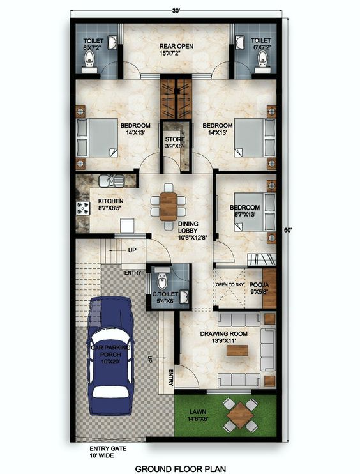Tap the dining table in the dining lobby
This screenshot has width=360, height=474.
169,206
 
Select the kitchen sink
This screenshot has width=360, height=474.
109,181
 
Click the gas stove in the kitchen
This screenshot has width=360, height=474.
83,208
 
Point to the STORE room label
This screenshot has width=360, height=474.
175,139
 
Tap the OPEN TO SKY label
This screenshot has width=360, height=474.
230,284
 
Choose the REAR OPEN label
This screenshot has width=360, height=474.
176,47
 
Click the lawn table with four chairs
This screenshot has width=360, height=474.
241,415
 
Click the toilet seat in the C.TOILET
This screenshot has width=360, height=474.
161,281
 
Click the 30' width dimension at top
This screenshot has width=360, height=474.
176,10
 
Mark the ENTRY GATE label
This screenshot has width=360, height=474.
108,449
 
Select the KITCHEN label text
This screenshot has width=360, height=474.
110,201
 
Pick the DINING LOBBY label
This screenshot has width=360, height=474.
188,224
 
